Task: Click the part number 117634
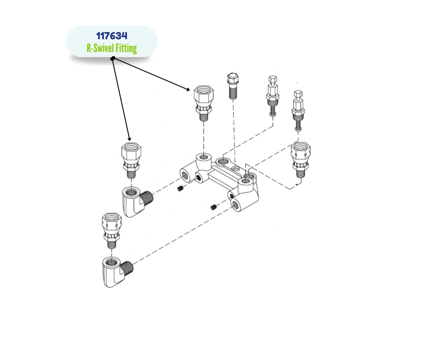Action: pyautogui.click(x=111, y=36)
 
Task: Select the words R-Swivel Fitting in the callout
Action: pyautogui.click(x=111, y=48)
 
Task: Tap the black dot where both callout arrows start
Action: pyautogui.click(x=112, y=59)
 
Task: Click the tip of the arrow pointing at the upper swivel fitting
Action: pyautogui.click(x=189, y=90)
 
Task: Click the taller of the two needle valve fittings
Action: pyautogui.click(x=272, y=96)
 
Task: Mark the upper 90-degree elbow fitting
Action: pyautogui.click(x=136, y=201)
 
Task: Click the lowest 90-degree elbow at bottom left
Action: pyautogui.click(x=115, y=271)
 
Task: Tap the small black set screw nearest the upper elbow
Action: pyautogui.click(x=180, y=189)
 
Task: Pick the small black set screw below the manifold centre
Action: pyautogui.click(x=214, y=208)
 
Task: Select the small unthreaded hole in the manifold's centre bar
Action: pyautogui.click(x=235, y=169)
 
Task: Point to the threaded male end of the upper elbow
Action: pyautogui.click(x=147, y=198)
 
